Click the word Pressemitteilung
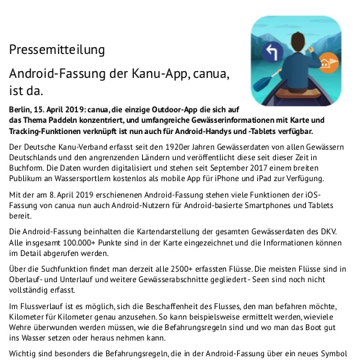(57, 52)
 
